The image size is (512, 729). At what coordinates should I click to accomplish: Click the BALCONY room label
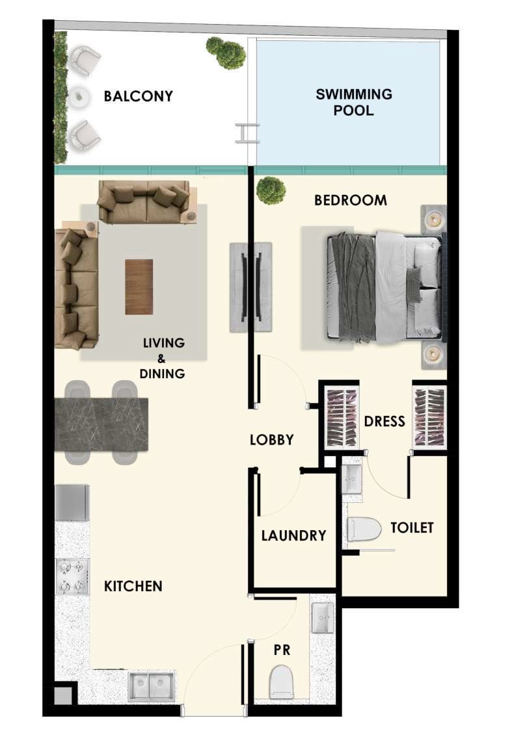click(138, 96)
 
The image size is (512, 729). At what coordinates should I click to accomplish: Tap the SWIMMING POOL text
click(354, 102)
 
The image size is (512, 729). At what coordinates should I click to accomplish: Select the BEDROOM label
click(351, 200)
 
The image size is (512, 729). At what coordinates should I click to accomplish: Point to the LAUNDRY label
click(293, 535)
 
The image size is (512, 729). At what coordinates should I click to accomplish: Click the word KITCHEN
click(133, 586)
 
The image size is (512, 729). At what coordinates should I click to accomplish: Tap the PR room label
click(282, 650)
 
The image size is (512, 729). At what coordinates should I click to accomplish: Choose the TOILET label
click(412, 528)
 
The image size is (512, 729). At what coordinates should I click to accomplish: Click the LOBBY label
click(272, 440)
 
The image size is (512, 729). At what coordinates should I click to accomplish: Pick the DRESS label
click(384, 421)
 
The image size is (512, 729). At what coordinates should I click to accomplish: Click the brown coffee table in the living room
click(139, 287)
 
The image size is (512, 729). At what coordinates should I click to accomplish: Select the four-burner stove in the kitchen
click(73, 577)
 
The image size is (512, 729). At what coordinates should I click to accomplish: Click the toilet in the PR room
click(282, 682)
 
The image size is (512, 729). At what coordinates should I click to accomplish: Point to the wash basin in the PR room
click(323, 618)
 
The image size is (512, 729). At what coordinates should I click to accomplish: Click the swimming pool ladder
click(247, 133)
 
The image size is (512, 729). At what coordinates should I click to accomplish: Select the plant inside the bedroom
click(271, 190)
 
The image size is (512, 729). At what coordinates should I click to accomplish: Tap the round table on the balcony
click(80, 97)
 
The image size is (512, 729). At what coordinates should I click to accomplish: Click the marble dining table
click(101, 424)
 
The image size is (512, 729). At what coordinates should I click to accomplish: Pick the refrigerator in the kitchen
click(72, 503)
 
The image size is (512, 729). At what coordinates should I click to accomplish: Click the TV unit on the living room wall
click(250, 287)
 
